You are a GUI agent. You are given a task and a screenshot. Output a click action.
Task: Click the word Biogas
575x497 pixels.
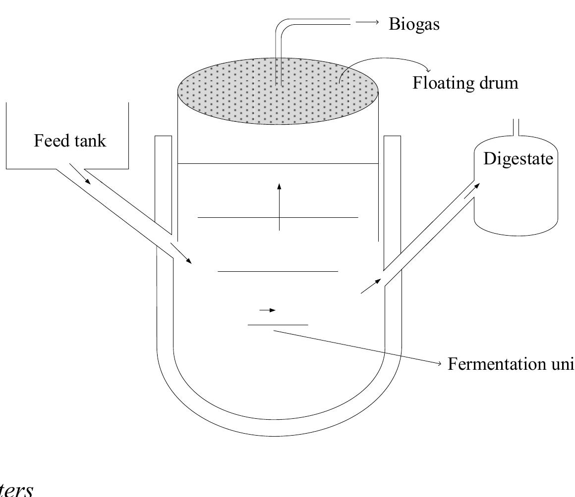414,24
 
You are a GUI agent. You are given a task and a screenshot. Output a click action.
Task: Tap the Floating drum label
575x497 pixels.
465,83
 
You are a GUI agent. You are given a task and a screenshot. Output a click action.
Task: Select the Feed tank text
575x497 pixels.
70,141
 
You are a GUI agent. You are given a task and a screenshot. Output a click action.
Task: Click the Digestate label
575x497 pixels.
518,158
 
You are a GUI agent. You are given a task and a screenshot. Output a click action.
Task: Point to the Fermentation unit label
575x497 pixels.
511,364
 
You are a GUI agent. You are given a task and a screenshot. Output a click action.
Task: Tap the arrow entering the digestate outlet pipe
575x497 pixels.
371,286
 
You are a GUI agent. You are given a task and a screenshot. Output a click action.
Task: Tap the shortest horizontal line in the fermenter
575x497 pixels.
278,325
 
